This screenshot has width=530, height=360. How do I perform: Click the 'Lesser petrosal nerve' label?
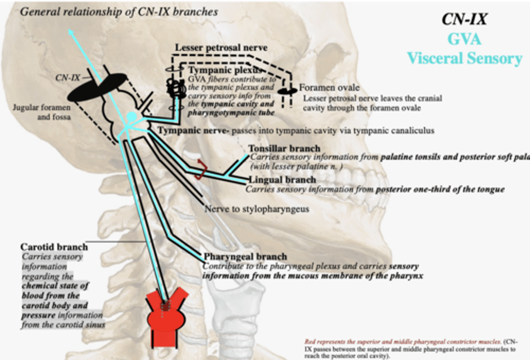pyautogui.click(x=221, y=47)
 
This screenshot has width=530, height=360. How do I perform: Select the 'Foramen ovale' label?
pyautogui.click(x=329, y=88)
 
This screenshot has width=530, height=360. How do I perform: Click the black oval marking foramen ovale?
pyautogui.click(x=287, y=91)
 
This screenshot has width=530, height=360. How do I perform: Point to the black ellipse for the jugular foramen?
pyautogui.click(x=97, y=87)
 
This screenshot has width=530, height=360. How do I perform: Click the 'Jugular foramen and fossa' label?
pyautogui.click(x=42, y=112)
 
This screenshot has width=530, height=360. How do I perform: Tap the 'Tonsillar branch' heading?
pyautogui.click(x=284, y=149)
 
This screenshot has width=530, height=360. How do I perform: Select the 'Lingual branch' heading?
pyautogui.click(x=282, y=180)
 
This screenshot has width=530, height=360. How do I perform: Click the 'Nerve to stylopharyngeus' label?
pyautogui.click(x=257, y=209)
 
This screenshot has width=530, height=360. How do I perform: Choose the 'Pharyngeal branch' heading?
pyautogui.click(x=245, y=257)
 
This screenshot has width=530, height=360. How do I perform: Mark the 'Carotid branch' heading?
pyautogui.click(x=54, y=247)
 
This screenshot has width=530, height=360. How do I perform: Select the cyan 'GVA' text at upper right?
pyautogui.click(x=464, y=39)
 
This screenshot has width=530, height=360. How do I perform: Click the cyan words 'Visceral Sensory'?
pyautogui.click(x=464, y=58)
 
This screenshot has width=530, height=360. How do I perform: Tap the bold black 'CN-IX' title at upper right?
pyautogui.click(x=464, y=19)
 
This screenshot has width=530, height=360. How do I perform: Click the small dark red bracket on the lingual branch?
pyautogui.click(x=200, y=170)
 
